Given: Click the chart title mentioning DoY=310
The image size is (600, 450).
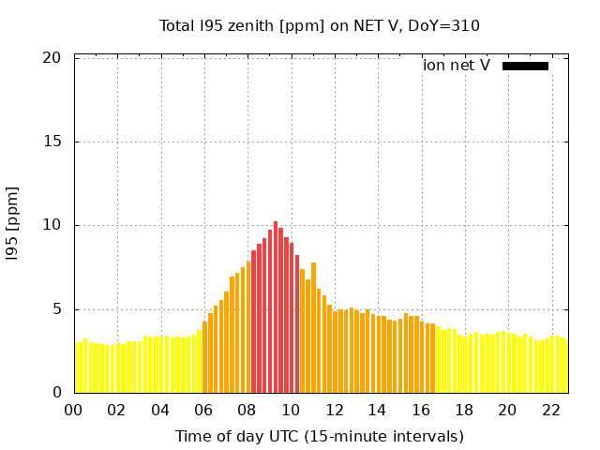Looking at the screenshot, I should click(x=320, y=25).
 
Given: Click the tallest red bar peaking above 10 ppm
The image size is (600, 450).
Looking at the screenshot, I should click(x=276, y=309).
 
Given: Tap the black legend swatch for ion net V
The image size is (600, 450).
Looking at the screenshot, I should click(x=525, y=66).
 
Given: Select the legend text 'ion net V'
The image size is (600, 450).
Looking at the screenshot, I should click(x=457, y=66).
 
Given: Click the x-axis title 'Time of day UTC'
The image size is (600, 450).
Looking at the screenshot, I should click(x=320, y=436).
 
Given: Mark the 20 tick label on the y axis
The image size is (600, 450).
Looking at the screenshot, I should click(x=52, y=58).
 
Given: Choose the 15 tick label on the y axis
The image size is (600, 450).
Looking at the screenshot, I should click(x=52, y=142).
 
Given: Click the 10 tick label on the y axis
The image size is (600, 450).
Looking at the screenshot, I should click(x=52, y=226).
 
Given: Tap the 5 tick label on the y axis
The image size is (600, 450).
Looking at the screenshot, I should click(x=56, y=309).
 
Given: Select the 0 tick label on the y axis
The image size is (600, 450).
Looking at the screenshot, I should click(x=56, y=393).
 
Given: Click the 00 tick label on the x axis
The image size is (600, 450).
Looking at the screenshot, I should click(x=74, y=411).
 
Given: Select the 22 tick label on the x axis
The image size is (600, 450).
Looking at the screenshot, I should click(x=551, y=411).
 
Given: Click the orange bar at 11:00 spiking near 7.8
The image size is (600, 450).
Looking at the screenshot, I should click(x=313, y=328).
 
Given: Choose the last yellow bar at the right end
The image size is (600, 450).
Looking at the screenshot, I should click(x=563, y=366).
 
